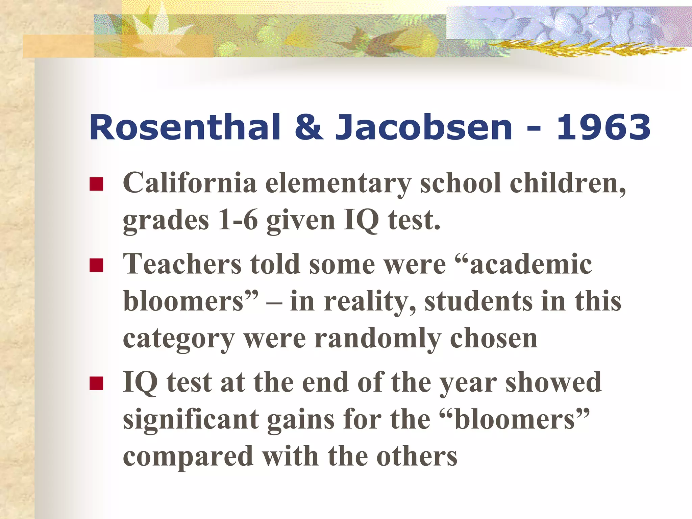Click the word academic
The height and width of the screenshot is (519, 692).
(x=531, y=264)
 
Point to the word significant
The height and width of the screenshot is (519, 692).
(x=191, y=419)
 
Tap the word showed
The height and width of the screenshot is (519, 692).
(x=553, y=382)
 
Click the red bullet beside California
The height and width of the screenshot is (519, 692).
(x=96, y=184)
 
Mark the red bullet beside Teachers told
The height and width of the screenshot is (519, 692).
(x=96, y=265)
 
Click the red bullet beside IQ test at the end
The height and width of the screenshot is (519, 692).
(x=96, y=384)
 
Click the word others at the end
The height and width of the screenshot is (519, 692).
(x=417, y=456)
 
